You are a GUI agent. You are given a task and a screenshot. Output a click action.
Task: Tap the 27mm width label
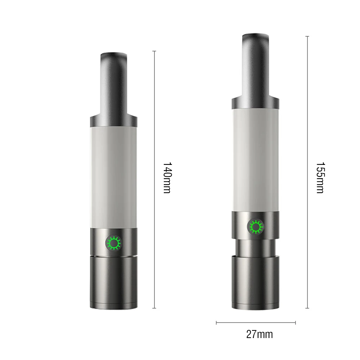coord(260,334)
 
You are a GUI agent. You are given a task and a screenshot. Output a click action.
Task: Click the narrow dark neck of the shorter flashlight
coord(113,83)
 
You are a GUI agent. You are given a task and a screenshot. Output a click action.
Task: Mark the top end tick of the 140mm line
coord(154,51)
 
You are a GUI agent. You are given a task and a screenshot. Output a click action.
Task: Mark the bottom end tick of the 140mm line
coord(154,308)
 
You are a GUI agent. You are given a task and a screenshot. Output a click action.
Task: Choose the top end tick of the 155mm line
coord(307,36)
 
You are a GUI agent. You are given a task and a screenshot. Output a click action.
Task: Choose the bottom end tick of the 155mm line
coord(307,308)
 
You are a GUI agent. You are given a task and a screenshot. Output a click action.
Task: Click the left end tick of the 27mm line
coord(216,323)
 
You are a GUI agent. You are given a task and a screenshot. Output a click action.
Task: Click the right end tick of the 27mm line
coord(295,323)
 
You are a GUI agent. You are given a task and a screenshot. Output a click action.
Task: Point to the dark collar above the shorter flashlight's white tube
coord(113,121)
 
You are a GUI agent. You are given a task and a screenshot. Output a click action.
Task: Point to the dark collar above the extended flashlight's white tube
coord(255,103)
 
